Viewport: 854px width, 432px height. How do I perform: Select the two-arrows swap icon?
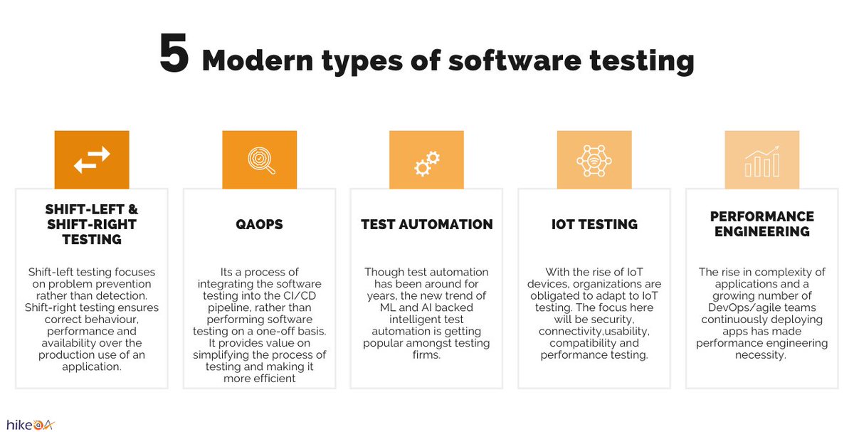(92, 159)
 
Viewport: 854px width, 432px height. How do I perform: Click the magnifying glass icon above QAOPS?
(259, 159)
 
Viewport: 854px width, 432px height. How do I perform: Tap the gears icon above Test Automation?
(426, 163)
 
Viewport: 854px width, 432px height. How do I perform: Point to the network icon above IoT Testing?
(594, 159)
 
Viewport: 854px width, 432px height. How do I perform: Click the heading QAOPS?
(259, 224)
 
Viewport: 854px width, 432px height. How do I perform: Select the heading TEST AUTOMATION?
(426, 224)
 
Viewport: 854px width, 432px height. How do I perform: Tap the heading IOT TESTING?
(594, 224)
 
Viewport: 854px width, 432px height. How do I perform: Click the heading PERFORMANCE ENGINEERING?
(761, 224)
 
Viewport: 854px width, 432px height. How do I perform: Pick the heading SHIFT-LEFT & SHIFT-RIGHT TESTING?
(92, 224)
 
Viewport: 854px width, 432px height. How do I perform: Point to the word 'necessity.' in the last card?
(761, 355)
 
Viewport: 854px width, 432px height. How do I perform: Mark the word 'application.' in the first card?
(92, 367)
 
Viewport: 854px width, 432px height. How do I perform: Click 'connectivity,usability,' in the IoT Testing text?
(594, 332)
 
